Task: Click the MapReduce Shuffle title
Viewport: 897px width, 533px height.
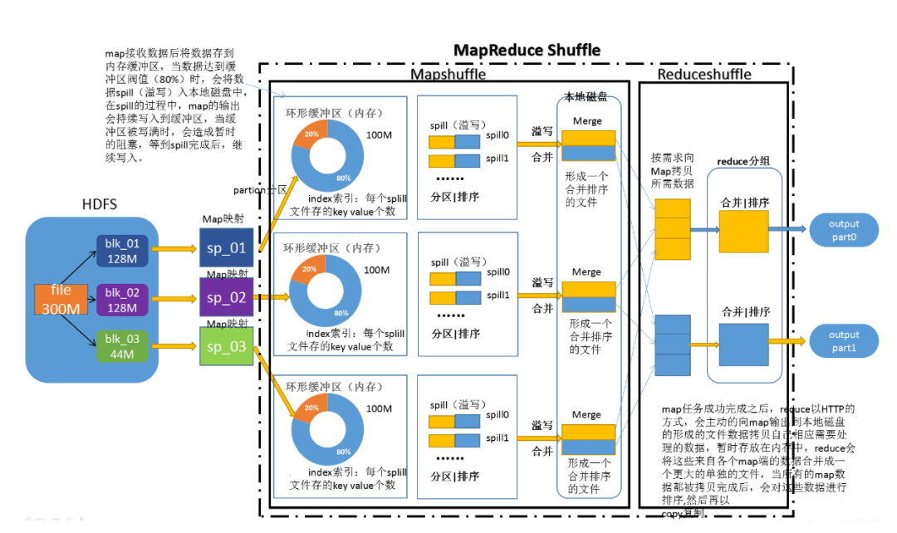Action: [527, 51]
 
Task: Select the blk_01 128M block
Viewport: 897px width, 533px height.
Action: [121, 250]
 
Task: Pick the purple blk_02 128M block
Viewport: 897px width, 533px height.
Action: [121, 299]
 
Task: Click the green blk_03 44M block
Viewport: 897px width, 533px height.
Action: [121, 347]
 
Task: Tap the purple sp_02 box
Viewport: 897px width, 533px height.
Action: [226, 297]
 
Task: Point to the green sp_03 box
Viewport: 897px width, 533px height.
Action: [226, 347]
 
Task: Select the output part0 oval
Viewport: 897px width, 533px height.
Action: [845, 230]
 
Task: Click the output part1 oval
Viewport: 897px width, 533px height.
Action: [845, 341]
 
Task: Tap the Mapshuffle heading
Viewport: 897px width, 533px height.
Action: [448, 75]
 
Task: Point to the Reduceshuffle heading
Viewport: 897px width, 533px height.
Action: [703, 75]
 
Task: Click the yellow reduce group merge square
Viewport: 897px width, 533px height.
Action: [743, 231]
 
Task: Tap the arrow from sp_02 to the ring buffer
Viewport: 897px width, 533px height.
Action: [267, 296]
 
